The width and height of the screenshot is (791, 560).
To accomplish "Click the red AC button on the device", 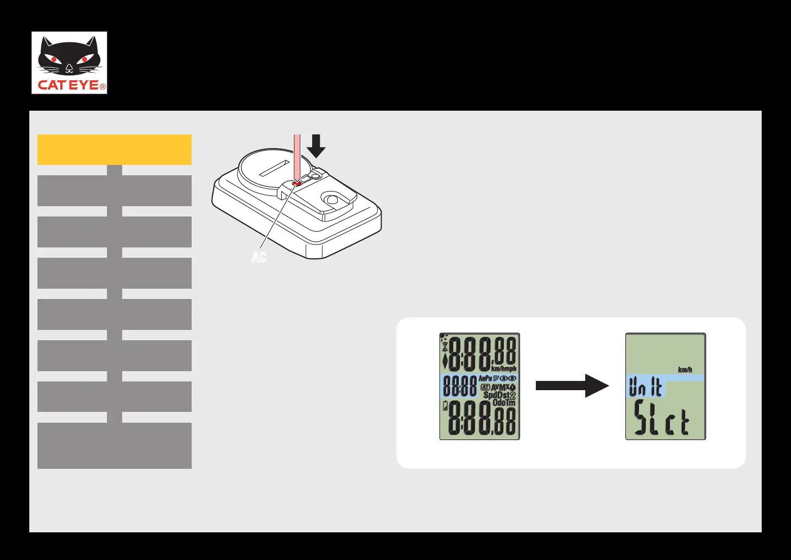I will click(296, 184).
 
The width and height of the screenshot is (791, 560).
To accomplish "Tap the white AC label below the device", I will click(259, 257).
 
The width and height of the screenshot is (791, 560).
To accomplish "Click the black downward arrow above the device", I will click(316, 145).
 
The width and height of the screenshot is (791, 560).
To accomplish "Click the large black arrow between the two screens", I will click(572, 385).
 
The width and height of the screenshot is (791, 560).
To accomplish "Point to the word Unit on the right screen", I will click(645, 387).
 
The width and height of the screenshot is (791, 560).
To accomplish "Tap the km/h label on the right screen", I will click(685, 370).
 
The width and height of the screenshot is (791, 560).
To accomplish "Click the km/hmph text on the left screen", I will click(504, 369).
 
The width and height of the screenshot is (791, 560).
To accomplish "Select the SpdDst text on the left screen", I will click(496, 395).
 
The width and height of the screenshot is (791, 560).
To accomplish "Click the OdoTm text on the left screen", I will click(504, 403).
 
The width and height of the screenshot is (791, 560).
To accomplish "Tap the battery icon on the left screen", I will click(446, 406).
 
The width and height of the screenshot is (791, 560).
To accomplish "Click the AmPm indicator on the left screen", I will click(485, 378).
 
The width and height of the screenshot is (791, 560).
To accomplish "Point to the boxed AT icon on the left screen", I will click(485, 387).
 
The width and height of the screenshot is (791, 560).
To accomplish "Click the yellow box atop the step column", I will click(115, 150).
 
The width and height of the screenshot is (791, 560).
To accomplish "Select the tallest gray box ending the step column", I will click(115, 446).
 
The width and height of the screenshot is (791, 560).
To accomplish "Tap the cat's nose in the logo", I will click(69, 68).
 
